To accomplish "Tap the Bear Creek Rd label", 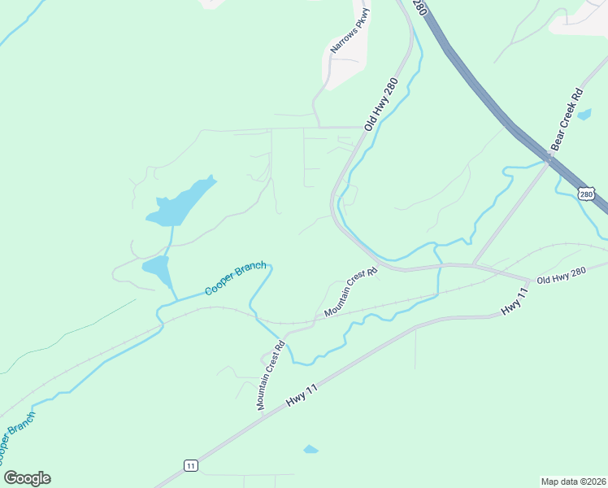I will coord(567,118).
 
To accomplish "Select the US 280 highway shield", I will coord(587,194).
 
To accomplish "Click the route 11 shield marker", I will coord(190,465).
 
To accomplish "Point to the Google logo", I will coord(27,478).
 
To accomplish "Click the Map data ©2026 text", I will coord(573,481).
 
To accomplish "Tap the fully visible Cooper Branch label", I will coord(235,279).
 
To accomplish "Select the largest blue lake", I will coord(181,203).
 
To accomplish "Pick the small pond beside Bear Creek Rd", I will coord(584,115).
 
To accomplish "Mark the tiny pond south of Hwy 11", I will coord(311,449).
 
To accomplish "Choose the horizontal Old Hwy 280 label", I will coord(561,276).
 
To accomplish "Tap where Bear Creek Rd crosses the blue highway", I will coord(549,158).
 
